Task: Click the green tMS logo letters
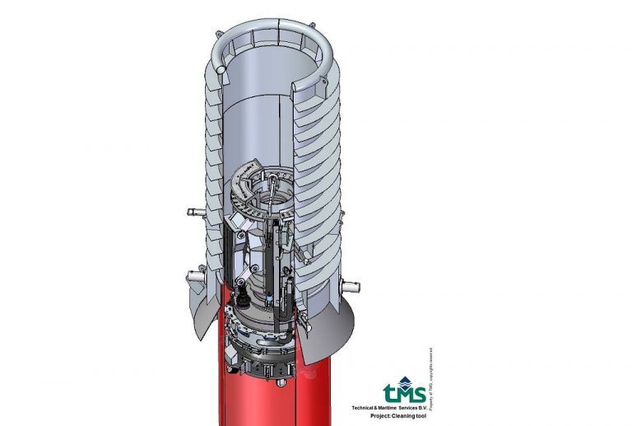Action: (x=404, y=390)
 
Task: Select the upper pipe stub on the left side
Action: (x=194, y=213)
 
